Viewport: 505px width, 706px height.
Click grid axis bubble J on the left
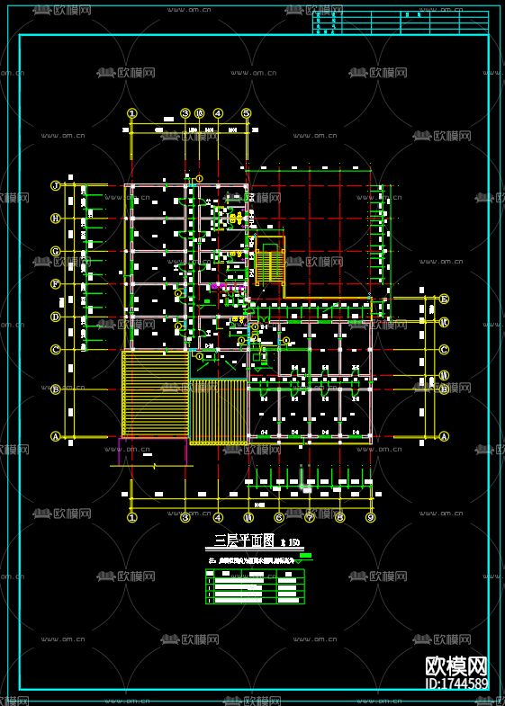pyautogui.click(x=55, y=186)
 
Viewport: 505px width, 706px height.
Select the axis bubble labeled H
pyautogui.click(x=55, y=219)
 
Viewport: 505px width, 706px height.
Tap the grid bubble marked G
pyautogui.click(x=55, y=252)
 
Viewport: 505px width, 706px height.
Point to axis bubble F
pyautogui.click(x=55, y=284)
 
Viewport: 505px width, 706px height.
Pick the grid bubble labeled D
pyautogui.click(x=55, y=317)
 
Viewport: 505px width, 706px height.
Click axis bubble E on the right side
pyautogui.click(x=444, y=299)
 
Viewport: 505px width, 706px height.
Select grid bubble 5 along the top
pyautogui.click(x=246, y=113)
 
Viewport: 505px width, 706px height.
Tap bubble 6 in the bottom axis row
pyautogui.click(x=279, y=517)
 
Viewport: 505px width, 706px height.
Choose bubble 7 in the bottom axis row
pyautogui.click(x=310, y=517)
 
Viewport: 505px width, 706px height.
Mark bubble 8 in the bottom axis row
pyautogui.click(x=340, y=517)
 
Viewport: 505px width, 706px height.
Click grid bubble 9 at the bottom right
pyautogui.click(x=370, y=517)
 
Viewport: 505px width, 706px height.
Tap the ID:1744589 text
pyautogui.click(x=456, y=684)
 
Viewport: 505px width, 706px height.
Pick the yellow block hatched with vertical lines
pyautogui.click(x=218, y=411)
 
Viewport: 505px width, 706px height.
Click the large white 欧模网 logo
pyautogui.click(x=456, y=666)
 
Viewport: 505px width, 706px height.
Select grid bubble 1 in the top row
pyautogui.click(x=132, y=113)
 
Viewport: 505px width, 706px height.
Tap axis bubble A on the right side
pyautogui.click(x=444, y=437)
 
